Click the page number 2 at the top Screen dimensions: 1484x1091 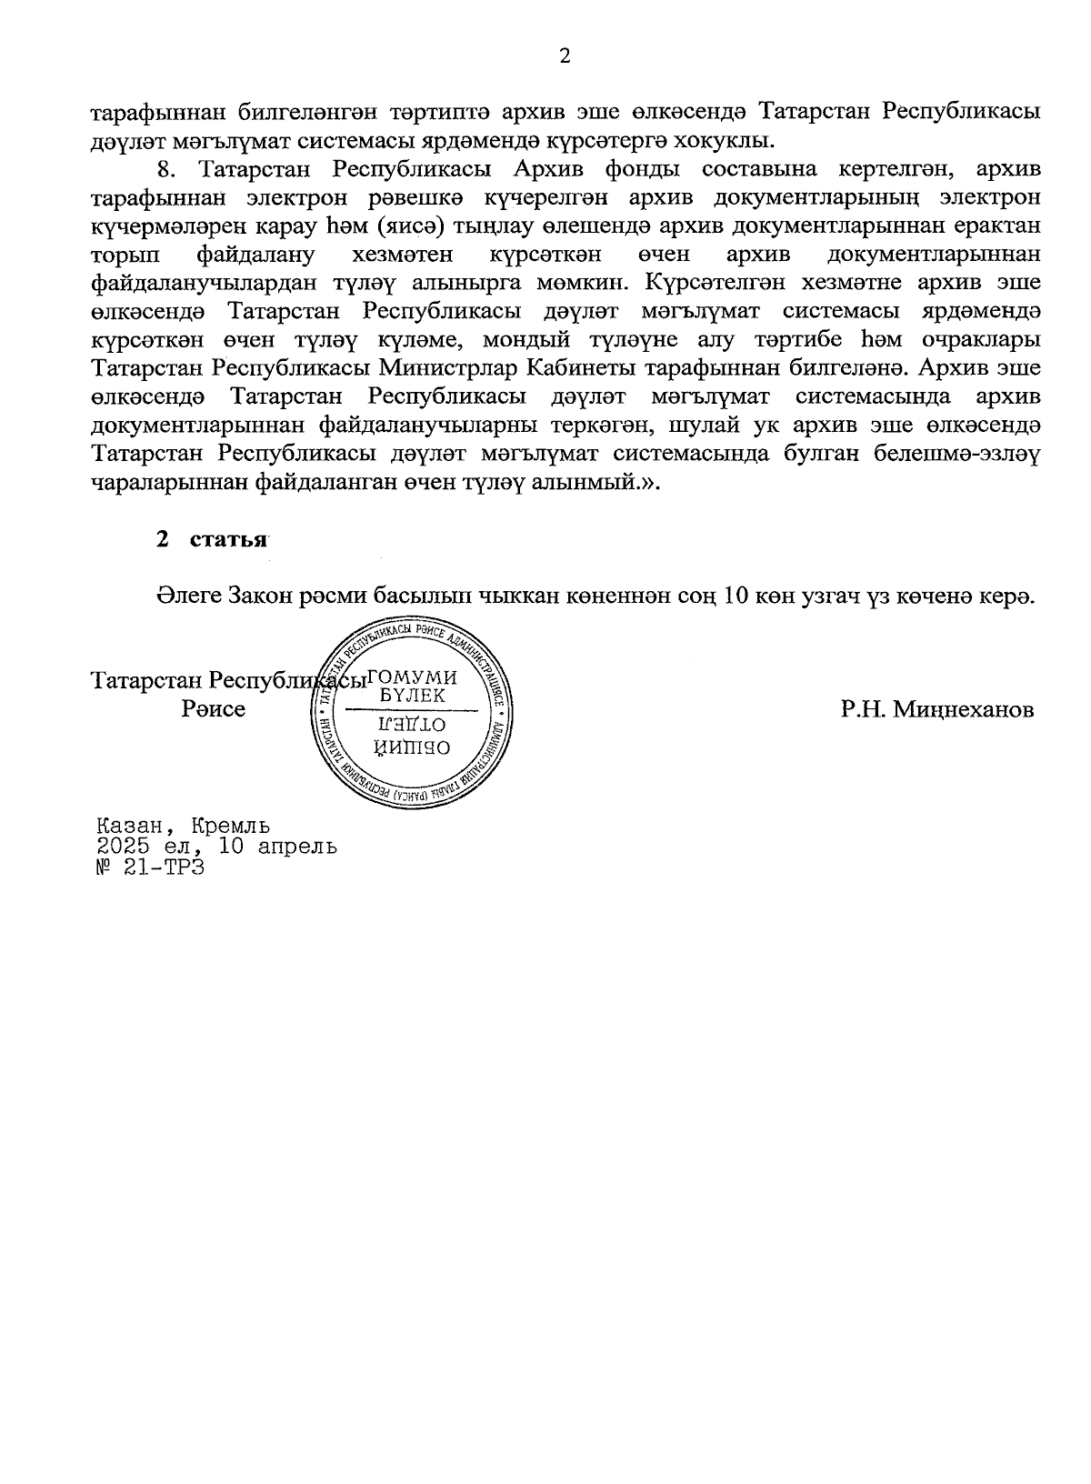[564, 56]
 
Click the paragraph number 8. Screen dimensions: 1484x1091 [165, 170]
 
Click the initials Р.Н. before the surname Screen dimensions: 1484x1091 [865, 709]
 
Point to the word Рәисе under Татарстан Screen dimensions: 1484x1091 [214, 708]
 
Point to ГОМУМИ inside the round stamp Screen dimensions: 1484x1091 [415, 678]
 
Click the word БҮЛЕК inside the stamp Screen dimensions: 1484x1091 [414, 696]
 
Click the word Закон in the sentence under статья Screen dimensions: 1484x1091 [271, 596]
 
